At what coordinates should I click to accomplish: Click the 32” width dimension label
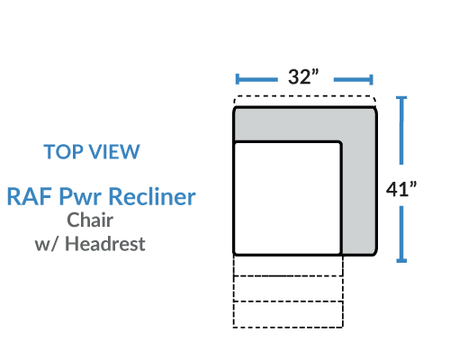click(x=303, y=76)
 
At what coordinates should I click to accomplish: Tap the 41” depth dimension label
click(x=401, y=189)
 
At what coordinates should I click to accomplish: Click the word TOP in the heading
click(x=64, y=151)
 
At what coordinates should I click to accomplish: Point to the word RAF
click(x=29, y=196)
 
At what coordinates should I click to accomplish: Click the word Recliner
click(x=152, y=196)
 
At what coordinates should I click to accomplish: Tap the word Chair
click(x=90, y=220)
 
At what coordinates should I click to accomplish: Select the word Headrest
click(x=105, y=243)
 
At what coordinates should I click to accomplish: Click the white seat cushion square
click(x=287, y=198)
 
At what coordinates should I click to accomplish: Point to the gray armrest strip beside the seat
click(x=359, y=198)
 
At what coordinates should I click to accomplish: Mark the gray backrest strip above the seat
click(x=304, y=123)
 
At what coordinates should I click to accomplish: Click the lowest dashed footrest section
click(x=288, y=314)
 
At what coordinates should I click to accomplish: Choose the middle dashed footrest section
click(x=288, y=289)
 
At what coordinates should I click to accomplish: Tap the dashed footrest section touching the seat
click(x=288, y=265)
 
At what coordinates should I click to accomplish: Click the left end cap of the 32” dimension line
click(x=238, y=79)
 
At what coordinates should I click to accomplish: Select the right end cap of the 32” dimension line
click(x=371, y=79)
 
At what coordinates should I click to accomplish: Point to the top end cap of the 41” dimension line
click(x=401, y=98)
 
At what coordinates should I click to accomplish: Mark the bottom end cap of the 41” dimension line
click(x=401, y=261)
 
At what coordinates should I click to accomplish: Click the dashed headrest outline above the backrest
click(x=304, y=96)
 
